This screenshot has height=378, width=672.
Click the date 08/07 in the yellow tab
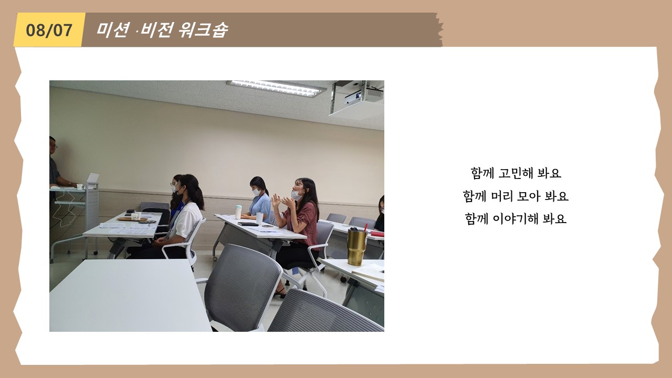coord(49,30)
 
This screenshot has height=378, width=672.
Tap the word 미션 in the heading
coord(113,30)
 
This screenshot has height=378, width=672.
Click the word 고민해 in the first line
coord(516,173)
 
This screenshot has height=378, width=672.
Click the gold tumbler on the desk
coord(356,247)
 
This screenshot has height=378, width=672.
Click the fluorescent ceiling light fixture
coord(276,88)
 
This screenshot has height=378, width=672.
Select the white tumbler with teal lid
coord(238,212)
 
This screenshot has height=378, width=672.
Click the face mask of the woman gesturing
coord(297,195)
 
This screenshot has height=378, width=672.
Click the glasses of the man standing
coord(54,146)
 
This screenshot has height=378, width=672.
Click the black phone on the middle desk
coord(248,224)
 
